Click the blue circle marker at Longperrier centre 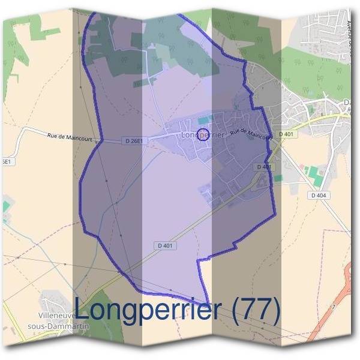click(x=203, y=134)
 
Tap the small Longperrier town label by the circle click(x=203, y=136)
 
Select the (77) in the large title click(x=256, y=310)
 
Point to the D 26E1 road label click(x=136, y=141)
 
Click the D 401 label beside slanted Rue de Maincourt click(x=286, y=134)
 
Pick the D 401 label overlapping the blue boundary click(x=264, y=167)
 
